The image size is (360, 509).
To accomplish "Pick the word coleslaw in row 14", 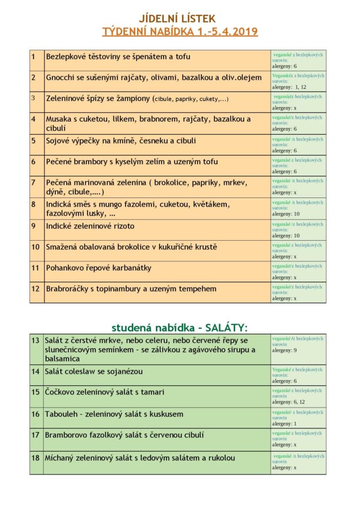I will (x=84, y=371).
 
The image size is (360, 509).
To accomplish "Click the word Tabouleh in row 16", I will (x=62, y=414).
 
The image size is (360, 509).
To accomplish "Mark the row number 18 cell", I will (x=35, y=458).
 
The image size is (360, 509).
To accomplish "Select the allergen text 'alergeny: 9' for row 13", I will (x=285, y=350).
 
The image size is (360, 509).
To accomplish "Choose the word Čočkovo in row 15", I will (x=61, y=392).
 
